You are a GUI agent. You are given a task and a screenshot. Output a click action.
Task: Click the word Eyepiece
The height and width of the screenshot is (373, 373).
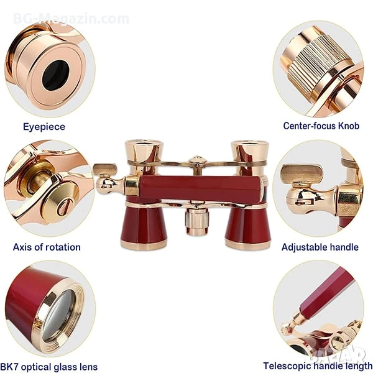44,127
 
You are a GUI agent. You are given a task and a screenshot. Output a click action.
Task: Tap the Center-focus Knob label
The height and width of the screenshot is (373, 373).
321,126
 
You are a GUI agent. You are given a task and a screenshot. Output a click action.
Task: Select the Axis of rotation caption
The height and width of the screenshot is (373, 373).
47,247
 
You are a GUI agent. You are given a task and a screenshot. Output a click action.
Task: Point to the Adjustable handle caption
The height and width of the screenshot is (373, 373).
320,247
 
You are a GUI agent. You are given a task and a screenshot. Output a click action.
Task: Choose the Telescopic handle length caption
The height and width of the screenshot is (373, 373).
318,366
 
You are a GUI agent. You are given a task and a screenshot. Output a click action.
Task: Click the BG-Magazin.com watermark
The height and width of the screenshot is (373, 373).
71,19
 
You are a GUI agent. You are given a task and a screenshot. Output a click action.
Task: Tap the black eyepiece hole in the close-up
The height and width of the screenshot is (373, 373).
56,75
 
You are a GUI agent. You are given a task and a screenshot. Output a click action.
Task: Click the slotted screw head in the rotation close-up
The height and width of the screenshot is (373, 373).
60,202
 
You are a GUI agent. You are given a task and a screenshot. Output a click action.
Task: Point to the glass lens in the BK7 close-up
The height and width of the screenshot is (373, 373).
58,315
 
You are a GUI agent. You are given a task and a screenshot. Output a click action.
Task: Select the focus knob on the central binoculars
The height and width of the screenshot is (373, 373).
196,221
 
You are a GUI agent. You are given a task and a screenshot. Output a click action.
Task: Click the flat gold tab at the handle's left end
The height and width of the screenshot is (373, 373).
104,169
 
